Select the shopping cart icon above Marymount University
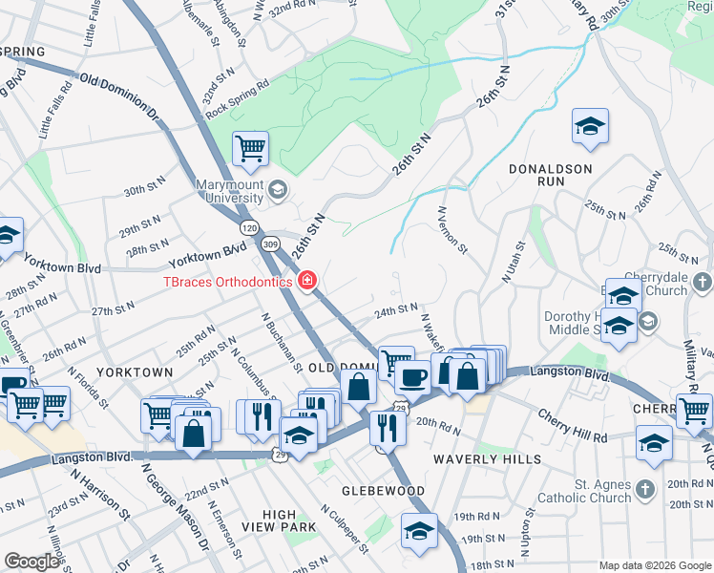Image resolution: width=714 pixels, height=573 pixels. point(250,148)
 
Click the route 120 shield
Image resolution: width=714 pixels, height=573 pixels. point(249,228)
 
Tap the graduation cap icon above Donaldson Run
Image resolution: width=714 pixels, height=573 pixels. point(590,126)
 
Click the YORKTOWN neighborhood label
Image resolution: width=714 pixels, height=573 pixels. point(135,372)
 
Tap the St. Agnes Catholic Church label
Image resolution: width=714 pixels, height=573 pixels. point(585,491)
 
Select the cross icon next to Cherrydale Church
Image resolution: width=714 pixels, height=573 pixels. point(703,282)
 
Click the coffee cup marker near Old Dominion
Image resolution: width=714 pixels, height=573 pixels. point(412,376)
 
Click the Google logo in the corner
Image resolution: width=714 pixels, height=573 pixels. point(31,562)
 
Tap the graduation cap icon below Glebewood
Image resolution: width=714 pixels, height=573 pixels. point(418,532)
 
